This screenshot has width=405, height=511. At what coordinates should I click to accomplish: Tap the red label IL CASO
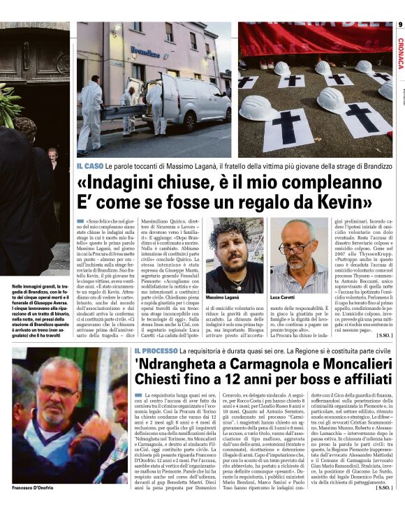(90, 165)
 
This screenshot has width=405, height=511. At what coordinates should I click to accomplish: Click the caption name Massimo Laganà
(226, 298)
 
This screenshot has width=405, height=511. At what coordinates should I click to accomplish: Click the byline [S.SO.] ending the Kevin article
(383, 335)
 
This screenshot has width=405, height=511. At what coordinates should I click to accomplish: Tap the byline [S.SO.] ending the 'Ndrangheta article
(383, 505)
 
